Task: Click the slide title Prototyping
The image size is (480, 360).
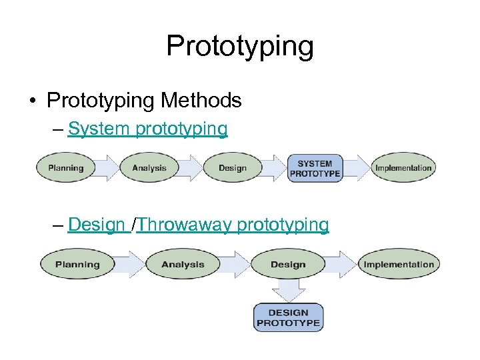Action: pyautogui.click(x=239, y=46)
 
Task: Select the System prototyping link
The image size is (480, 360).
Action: pyautogui.click(x=147, y=129)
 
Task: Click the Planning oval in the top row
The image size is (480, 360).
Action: pyautogui.click(x=66, y=168)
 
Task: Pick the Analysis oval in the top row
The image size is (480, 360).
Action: pyautogui.click(x=149, y=168)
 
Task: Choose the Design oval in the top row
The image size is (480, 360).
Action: pyautogui.click(x=232, y=168)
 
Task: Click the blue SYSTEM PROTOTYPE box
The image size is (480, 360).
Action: pyautogui.click(x=315, y=168)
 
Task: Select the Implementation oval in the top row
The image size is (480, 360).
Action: pyautogui.click(x=403, y=168)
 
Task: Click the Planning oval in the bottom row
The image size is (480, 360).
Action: pyautogui.click(x=77, y=265)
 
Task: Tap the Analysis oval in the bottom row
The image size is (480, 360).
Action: pyautogui.click(x=183, y=265)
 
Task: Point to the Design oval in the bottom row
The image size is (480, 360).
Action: pyautogui.click(x=288, y=265)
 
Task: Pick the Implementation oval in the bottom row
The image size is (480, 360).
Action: pyautogui.click(x=399, y=265)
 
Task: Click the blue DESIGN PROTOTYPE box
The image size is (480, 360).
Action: pyautogui.click(x=288, y=317)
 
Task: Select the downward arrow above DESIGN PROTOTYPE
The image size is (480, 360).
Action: pyautogui.click(x=288, y=291)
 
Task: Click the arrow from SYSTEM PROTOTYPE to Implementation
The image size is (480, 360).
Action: pyautogui.click(x=357, y=168)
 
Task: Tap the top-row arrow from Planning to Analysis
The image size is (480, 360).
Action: pyautogui.click(x=107, y=168)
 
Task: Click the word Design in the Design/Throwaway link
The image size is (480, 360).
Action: pyautogui.click(x=96, y=225)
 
